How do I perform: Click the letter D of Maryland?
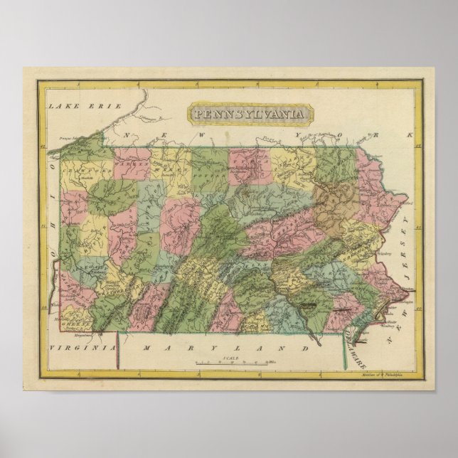coord(306,348)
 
